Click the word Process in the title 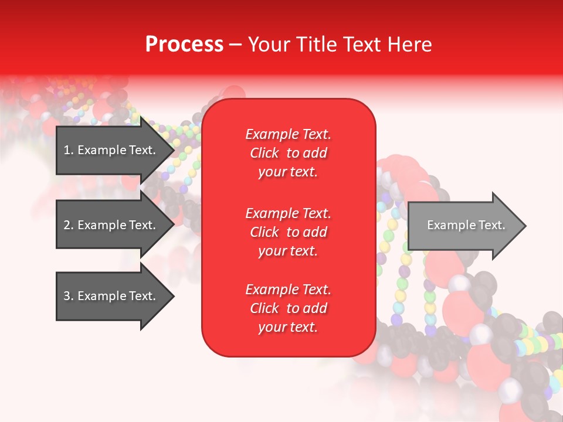click(184, 44)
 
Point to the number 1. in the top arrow click(69, 150)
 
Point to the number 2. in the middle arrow click(69, 225)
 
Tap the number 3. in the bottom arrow click(69, 296)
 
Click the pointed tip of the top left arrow click(172, 150)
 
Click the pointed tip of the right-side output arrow click(524, 226)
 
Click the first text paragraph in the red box click(288, 153)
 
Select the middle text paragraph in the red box click(288, 232)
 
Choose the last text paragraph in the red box click(288, 308)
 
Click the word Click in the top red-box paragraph click(264, 153)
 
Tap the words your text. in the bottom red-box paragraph click(288, 327)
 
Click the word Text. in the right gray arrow click(491, 225)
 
